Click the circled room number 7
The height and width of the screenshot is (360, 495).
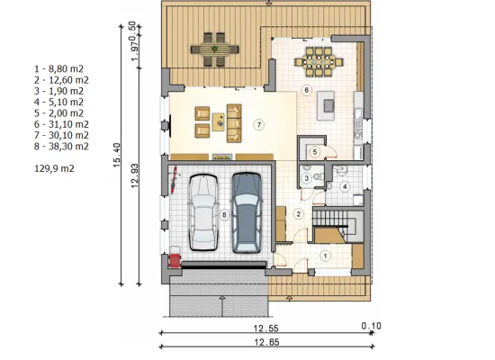pyautogui.click(x=259, y=125)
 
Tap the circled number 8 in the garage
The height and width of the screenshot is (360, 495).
pyautogui.click(x=224, y=215)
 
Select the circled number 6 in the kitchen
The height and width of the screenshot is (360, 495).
pyautogui.click(x=306, y=90)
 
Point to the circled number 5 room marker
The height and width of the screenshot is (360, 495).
pyautogui.click(x=315, y=152)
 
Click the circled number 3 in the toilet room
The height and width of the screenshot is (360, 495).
pyautogui.click(x=306, y=178)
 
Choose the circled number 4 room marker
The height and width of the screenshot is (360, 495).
pyautogui.click(x=345, y=187)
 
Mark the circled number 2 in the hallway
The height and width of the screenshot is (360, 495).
pyautogui.click(x=298, y=214)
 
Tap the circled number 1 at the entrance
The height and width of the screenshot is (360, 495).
pyautogui.click(x=325, y=256)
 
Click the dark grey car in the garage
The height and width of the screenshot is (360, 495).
pyautogui.click(x=247, y=212)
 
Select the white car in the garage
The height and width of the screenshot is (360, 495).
pyautogui.click(x=203, y=212)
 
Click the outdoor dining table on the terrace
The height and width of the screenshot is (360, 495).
pyautogui.click(x=215, y=49)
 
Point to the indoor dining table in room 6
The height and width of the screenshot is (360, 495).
pyautogui.click(x=319, y=61)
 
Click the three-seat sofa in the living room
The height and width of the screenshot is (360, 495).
pyautogui.click(x=234, y=123)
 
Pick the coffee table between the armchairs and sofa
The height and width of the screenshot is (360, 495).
pyautogui.click(x=218, y=121)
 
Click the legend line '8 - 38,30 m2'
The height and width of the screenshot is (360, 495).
pyautogui.click(x=61, y=147)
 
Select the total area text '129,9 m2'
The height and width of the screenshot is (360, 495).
pyautogui.click(x=54, y=168)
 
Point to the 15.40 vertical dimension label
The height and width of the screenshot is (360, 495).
pyautogui.click(x=116, y=155)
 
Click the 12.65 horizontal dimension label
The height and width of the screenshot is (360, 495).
pyautogui.click(x=266, y=342)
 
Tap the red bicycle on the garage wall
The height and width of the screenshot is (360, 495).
pyautogui.click(x=174, y=181)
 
